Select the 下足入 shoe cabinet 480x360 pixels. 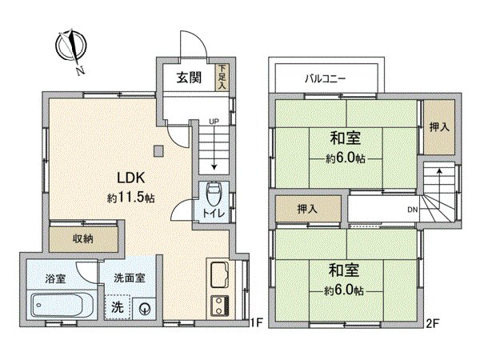tap(224, 76)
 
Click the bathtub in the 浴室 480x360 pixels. tap(58, 305)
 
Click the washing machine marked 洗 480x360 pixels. tap(117, 307)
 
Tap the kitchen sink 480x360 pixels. tap(219, 277)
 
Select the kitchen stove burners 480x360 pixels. tap(219, 304)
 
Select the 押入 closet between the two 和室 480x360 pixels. tap(307, 210)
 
